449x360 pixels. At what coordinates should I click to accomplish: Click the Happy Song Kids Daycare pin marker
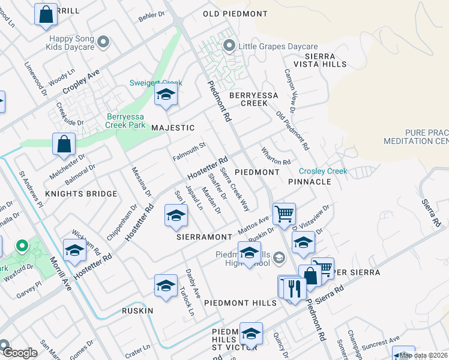tap(103, 41)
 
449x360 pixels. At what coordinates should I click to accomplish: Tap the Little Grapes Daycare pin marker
tap(229, 46)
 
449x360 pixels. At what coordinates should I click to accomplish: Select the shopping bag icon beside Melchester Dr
tap(64, 145)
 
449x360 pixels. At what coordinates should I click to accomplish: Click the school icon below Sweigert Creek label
tap(166, 95)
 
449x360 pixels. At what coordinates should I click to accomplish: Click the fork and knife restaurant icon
tap(294, 288)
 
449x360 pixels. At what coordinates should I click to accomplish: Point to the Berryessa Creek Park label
tap(125, 121)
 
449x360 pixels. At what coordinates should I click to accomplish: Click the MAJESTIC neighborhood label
tap(173, 128)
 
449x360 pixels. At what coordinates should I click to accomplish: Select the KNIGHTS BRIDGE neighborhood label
tap(81, 194)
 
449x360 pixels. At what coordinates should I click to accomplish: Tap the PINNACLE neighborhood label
tap(309, 181)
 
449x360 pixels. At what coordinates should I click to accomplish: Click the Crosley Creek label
tap(323, 171)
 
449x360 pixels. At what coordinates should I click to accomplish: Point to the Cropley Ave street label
tap(81, 82)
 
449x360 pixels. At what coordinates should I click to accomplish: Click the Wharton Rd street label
tap(276, 157)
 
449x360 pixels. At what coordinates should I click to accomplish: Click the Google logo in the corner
tap(19, 353)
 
